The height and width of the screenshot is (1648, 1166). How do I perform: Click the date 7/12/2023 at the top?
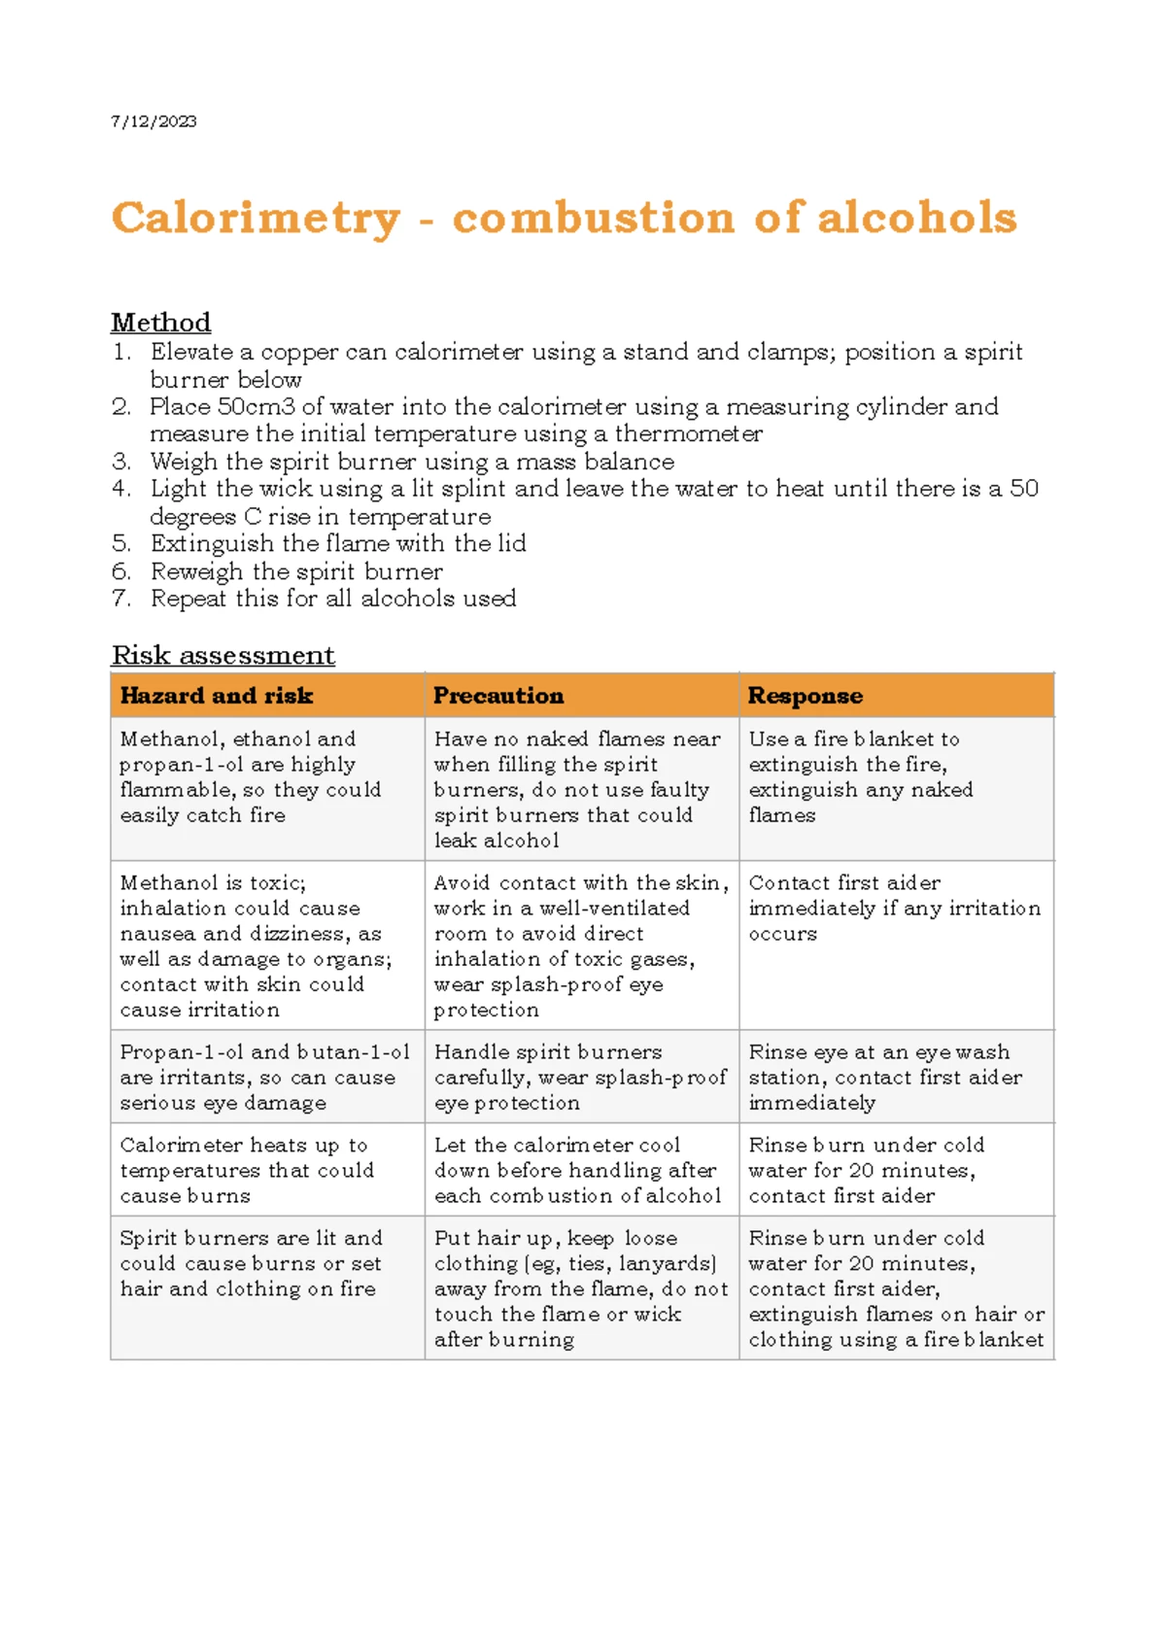click(x=154, y=121)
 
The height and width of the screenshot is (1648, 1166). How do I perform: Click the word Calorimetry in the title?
click(x=256, y=218)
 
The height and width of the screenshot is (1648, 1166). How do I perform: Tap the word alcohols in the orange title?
click(x=917, y=217)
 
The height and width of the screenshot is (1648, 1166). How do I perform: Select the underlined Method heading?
click(x=160, y=322)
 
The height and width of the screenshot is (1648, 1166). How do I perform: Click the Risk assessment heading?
click(x=223, y=655)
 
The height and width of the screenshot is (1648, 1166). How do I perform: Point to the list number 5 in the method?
click(x=120, y=543)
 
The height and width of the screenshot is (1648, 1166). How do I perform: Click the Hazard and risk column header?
click(x=216, y=696)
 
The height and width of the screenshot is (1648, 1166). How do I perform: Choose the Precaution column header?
click(x=497, y=696)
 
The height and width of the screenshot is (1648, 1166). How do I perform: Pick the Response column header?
click(x=805, y=696)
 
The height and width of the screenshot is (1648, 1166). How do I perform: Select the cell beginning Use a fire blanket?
click(x=860, y=776)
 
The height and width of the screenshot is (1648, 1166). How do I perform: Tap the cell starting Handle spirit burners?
click(x=580, y=1077)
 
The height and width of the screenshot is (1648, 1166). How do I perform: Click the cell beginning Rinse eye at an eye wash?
click(x=884, y=1077)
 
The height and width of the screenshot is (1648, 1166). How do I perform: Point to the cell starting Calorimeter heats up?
click(x=247, y=1170)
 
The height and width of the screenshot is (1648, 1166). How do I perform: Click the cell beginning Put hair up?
click(x=580, y=1288)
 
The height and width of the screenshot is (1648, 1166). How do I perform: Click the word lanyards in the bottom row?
click(x=666, y=1263)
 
